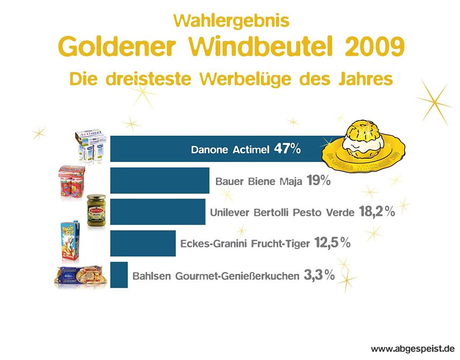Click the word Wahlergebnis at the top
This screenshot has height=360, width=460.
click(x=232, y=21)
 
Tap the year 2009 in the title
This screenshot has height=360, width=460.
click(x=374, y=48)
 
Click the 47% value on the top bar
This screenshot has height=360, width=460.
click(x=287, y=149)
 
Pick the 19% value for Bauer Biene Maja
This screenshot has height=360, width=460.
click(x=318, y=181)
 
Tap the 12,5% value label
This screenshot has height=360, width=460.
click(x=332, y=244)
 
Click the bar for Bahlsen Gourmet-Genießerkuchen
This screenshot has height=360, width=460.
click(x=119, y=275)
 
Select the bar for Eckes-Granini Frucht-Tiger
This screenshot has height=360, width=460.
click(x=143, y=243)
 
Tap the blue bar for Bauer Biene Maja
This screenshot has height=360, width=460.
click(x=159, y=180)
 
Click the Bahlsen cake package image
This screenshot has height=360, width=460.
click(x=80, y=276)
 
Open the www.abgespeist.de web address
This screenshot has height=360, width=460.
click(x=412, y=349)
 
